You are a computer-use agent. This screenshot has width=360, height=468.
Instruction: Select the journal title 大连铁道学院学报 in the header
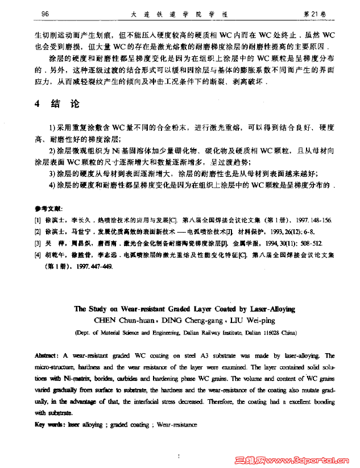click(181, 12)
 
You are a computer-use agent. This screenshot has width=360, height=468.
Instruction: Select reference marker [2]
click(38, 231)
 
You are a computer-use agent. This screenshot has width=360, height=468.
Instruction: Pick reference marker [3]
click(38, 243)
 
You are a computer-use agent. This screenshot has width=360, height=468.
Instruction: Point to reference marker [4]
click(38, 255)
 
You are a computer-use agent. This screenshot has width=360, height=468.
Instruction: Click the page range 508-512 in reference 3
click(299, 243)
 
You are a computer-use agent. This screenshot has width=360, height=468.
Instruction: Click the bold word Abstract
click(47, 355)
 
